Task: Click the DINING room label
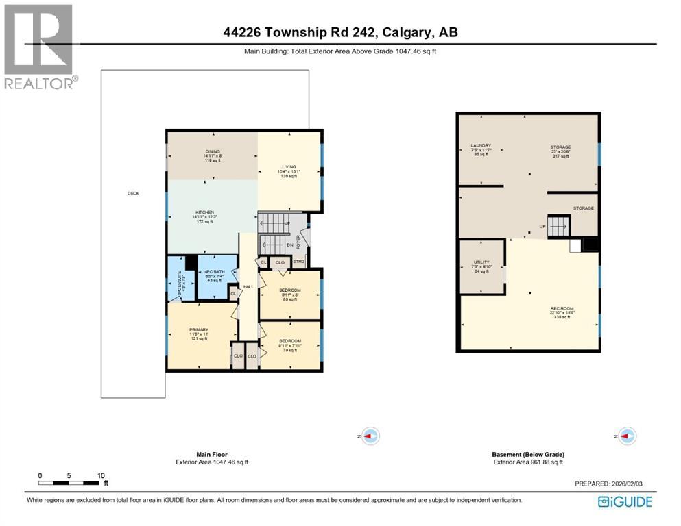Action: (213, 151)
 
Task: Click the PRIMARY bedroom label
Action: (199, 330)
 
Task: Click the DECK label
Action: (133, 193)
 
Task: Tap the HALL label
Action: (248, 287)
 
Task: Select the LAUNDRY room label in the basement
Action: (481, 146)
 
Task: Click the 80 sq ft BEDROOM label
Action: (289, 290)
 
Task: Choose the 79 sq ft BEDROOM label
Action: (289, 341)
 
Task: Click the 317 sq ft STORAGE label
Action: (560, 147)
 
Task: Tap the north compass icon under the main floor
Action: (370, 435)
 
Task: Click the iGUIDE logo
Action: (625, 501)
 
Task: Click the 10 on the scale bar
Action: (101, 475)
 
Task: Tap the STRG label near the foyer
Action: (298, 262)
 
